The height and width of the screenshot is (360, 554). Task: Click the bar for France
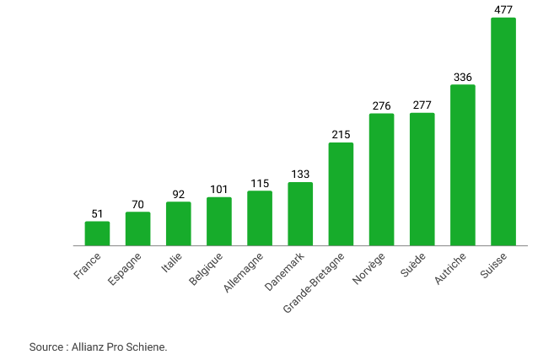[97, 234]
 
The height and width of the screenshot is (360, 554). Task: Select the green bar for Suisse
[503, 132]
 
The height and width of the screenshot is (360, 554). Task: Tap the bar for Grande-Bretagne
[341, 194]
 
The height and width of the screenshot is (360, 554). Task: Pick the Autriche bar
[462, 165]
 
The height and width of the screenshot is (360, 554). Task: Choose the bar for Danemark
[300, 213]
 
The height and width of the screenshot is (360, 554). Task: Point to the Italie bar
[178, 223]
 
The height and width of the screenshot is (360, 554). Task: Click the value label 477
[503, 10]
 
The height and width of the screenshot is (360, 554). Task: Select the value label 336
[462, 77]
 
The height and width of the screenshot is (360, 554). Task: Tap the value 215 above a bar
[341, 135]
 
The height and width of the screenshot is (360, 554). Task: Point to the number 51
[97, 214]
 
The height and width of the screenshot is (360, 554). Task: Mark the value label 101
[219, 190]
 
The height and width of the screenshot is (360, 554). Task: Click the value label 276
[381, 106]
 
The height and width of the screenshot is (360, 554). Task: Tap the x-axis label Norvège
[368, 268]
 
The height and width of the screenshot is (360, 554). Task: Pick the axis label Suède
[412, 265]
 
